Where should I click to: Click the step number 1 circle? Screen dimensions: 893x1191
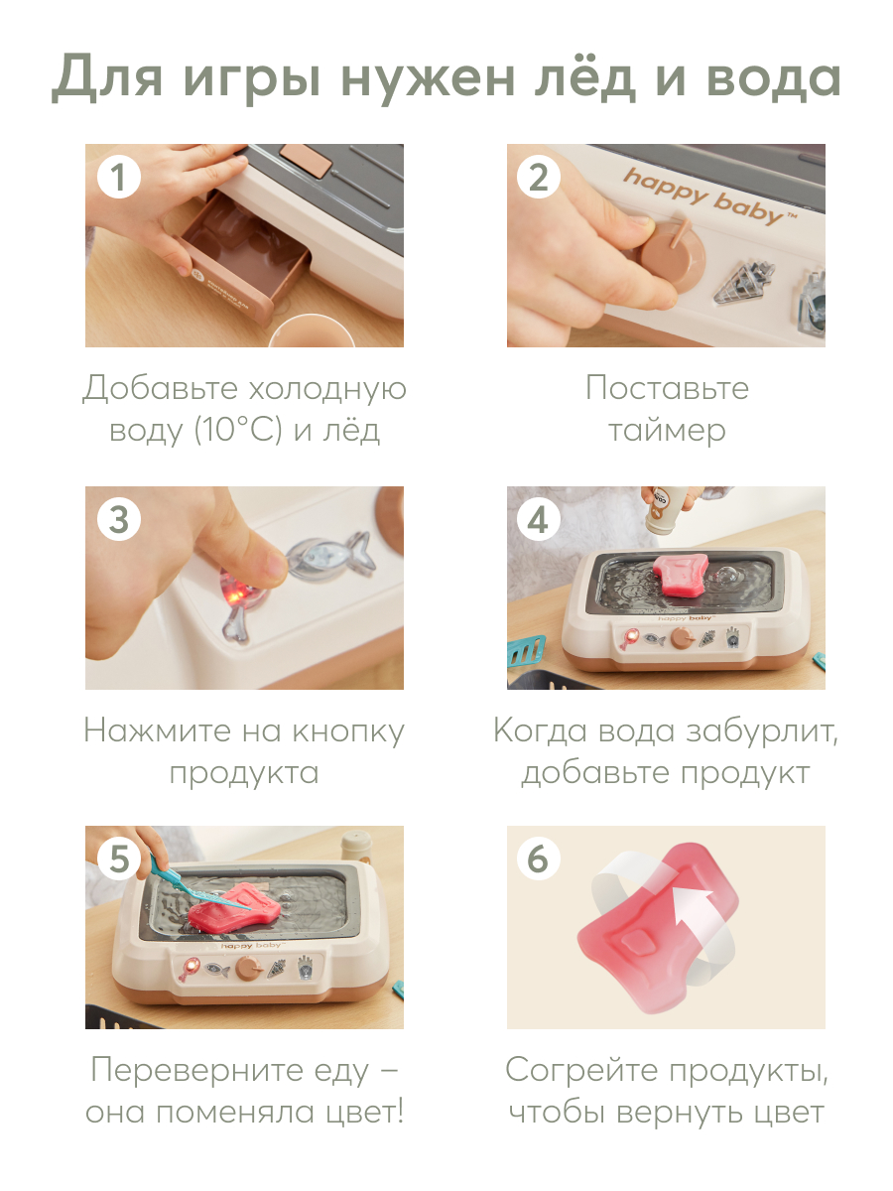pos(119,177)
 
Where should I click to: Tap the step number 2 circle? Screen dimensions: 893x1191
pos(538,177)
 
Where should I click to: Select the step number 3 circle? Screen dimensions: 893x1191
pos(119,519)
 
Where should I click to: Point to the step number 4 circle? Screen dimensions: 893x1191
pos(538,519)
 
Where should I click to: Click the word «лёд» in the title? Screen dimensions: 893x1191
pos(585,77)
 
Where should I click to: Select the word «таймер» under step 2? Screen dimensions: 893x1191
pos(667,432)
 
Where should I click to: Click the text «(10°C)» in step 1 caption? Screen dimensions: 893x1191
pos(238,431)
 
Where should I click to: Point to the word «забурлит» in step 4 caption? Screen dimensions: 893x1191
pos(762,731)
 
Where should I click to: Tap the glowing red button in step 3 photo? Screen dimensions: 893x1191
pos(237,595)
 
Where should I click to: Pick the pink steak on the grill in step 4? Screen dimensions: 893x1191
pos(681,575)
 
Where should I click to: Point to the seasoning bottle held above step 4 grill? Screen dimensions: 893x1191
pos(665,508)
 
